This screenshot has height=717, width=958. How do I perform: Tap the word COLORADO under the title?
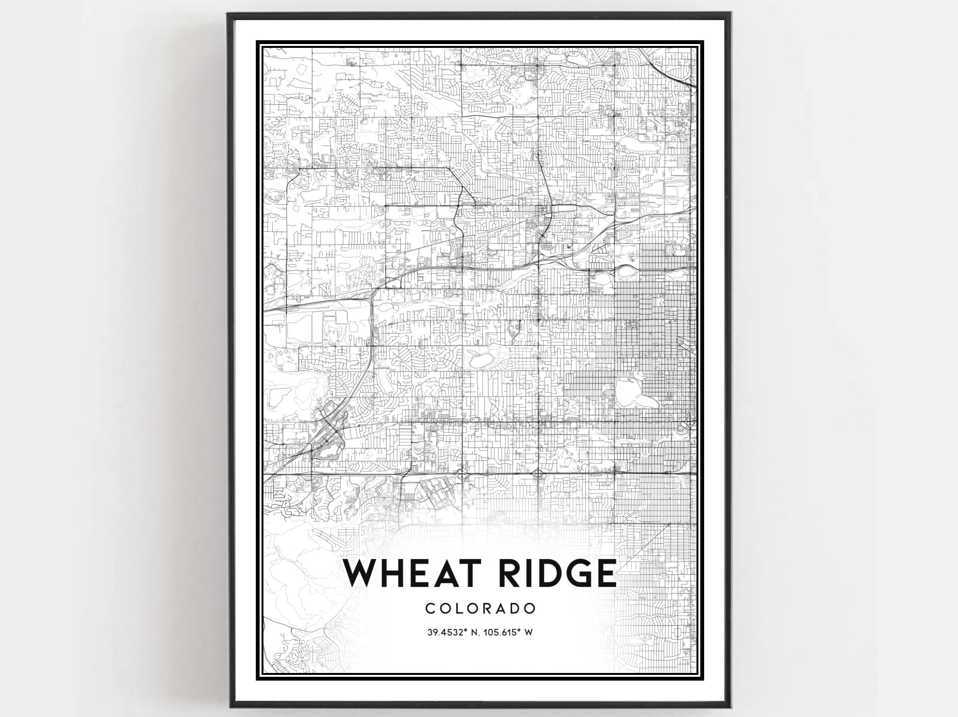480,608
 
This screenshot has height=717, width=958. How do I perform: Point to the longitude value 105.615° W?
508,632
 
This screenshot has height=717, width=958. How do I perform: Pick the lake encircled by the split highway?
625,272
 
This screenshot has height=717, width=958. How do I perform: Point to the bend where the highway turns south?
374,292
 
